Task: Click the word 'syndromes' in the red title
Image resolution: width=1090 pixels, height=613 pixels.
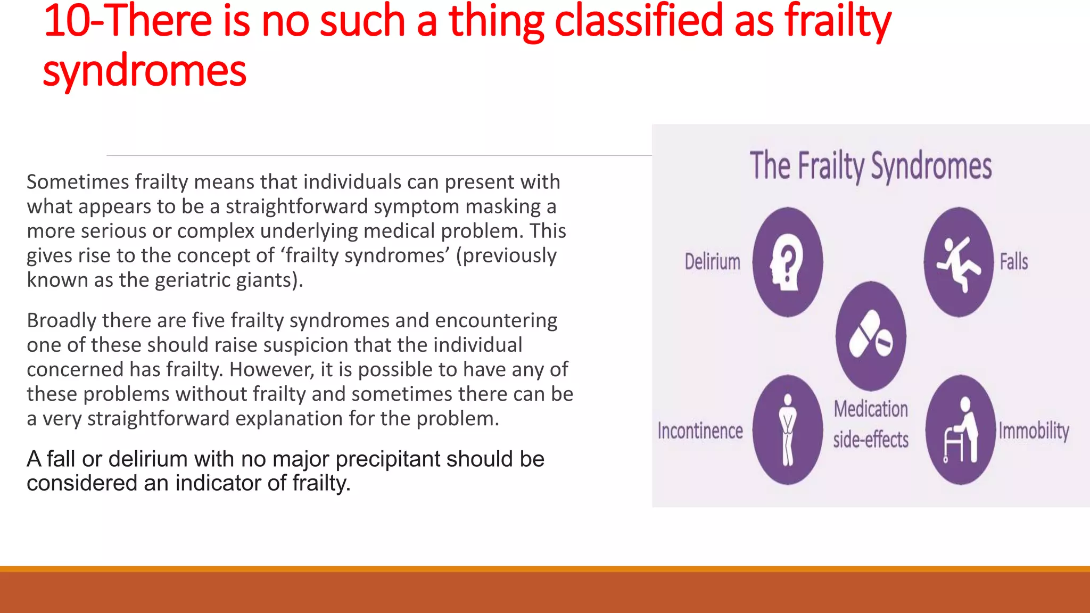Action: tap(144, 71)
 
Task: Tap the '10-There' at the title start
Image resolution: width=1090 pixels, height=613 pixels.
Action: tap(128, 21)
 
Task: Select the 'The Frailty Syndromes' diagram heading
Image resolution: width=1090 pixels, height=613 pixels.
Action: tap(871, 166)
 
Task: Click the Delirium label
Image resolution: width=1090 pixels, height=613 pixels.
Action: tap(712, 262)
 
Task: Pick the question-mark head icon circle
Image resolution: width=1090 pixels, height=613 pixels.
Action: tap(788, 262)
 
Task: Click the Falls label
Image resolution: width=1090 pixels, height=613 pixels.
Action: tap(1013, 262)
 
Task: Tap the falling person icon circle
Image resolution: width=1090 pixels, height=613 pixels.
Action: tap(959, 262)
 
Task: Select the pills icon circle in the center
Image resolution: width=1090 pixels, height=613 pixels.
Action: tap(871, 336)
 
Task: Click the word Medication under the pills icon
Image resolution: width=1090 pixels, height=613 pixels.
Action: tap(871, 409)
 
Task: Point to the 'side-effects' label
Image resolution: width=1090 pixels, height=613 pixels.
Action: tap(871, 440)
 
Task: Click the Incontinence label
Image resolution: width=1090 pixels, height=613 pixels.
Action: tap(700, 430)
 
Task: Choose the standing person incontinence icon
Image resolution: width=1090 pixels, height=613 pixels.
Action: tap(788, 430)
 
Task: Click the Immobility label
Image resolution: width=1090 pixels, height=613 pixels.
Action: tap(1034, 430)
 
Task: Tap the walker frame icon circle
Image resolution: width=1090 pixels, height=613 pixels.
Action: tap(960, 430)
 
